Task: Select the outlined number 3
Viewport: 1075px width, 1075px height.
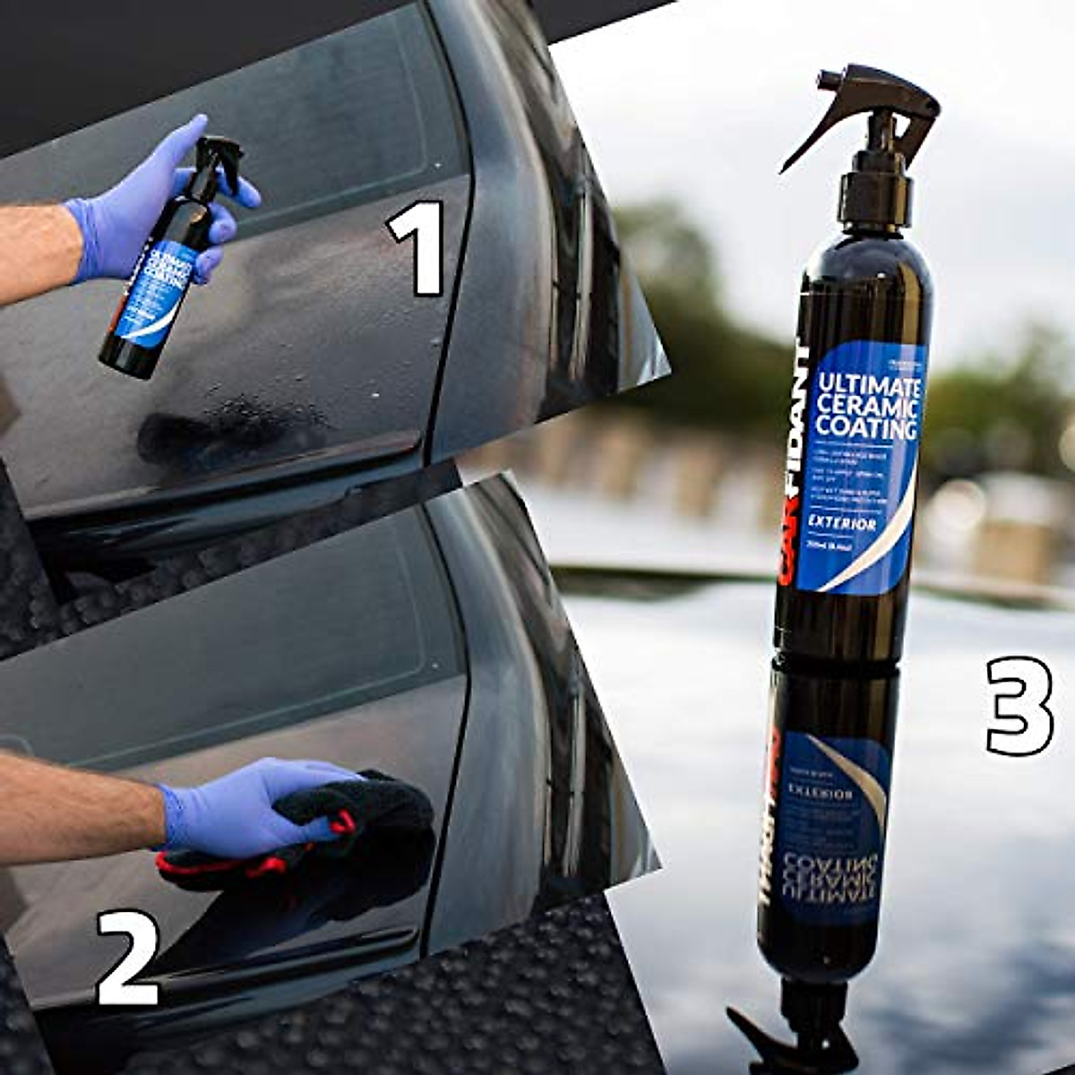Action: coord(1020,706)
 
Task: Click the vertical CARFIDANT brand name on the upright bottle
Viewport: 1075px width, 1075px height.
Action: coord(794,466)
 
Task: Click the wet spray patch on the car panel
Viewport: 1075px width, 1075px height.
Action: coord(233,430)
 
